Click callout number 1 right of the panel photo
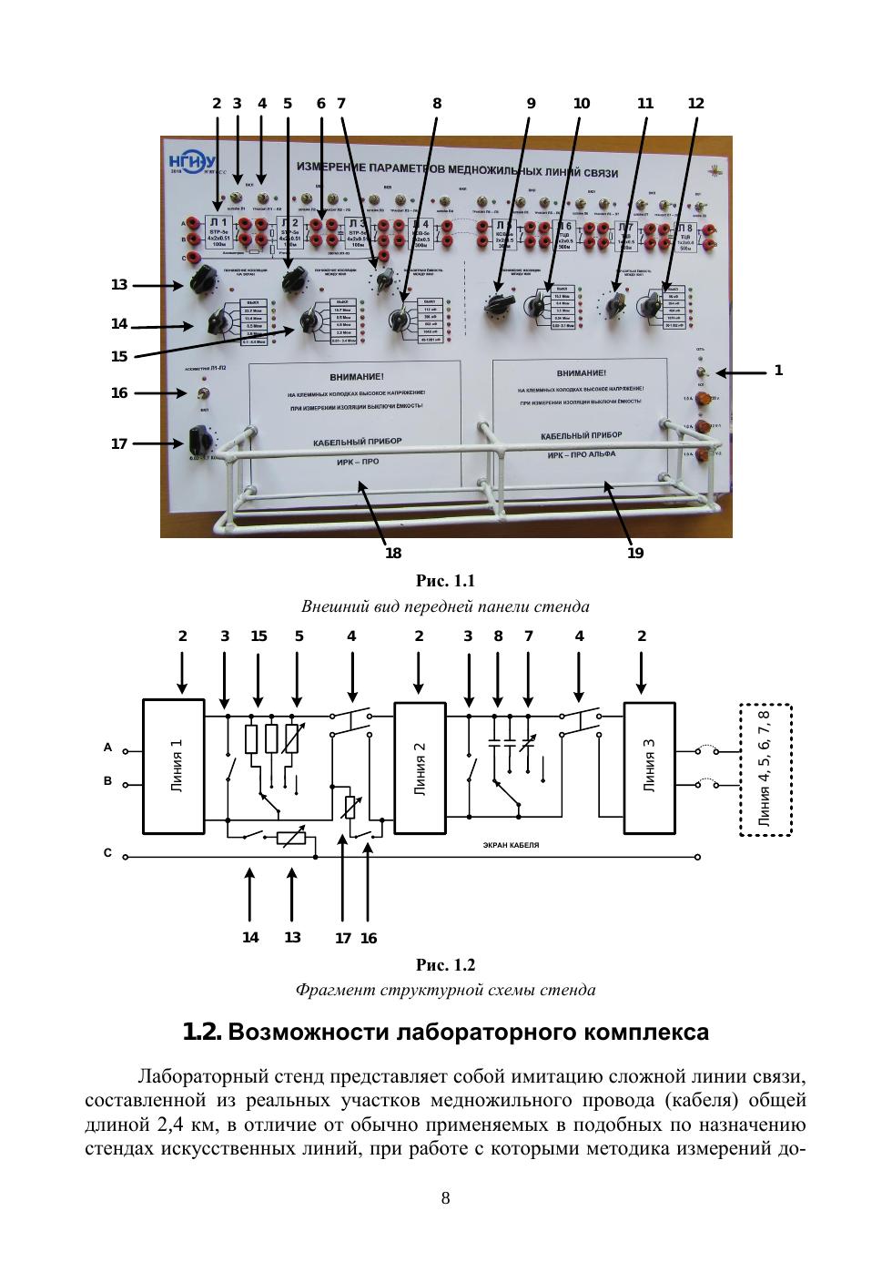point(778,371)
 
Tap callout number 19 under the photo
point(635,553)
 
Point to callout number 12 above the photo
point(695,104)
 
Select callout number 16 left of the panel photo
point(119,393)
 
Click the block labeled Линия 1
point(173,766)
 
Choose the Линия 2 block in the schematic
point(419,766)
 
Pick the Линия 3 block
point(649,766)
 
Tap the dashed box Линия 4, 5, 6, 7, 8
point(765,769)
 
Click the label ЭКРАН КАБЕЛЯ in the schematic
point(511,845)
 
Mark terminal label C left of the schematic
point(107,854)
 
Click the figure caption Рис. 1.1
point(445,581)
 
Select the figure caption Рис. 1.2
point(445,965)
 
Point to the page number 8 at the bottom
point(445,1198)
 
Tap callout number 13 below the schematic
point(292,937)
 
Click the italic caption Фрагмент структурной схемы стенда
point(445,990)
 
